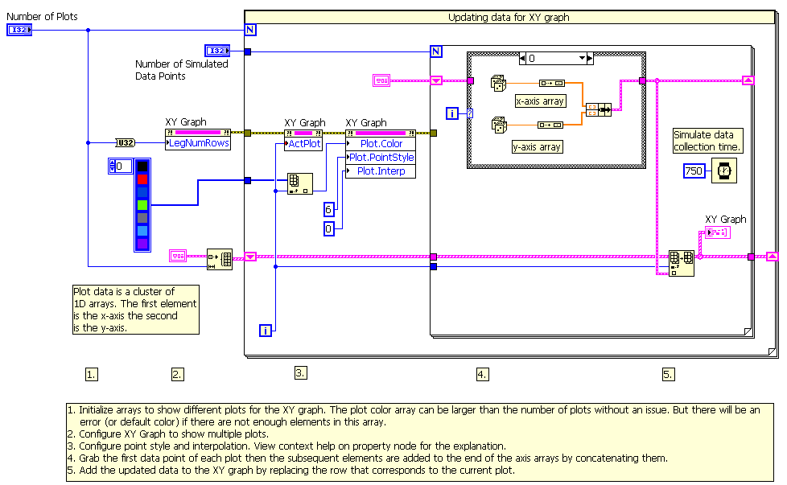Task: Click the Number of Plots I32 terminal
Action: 19,30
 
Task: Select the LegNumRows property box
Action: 198,143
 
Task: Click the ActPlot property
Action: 304,144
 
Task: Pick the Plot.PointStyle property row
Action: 381,158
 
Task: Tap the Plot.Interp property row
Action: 381,171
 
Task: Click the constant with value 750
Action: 694,171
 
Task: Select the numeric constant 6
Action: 328,209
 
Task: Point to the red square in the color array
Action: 142,179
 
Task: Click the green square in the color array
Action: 142,204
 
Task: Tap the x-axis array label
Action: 540,101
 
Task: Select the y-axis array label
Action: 537,146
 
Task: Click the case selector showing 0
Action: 555,58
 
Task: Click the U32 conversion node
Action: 126,143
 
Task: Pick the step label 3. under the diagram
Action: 300,372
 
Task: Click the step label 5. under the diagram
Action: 668,374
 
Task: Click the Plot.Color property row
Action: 381,144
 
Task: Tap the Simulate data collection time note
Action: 707,141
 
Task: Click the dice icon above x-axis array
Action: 499,83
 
